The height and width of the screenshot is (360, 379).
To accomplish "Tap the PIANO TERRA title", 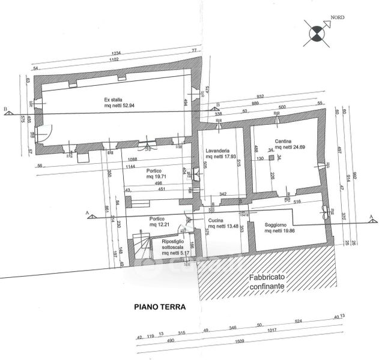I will pyautogui.click(x=159, y=306).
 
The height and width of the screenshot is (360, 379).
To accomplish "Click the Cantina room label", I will pyautogui.click(x=283, y=145).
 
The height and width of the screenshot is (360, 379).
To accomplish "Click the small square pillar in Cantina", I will pyautogui.click(x=272, y=158).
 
